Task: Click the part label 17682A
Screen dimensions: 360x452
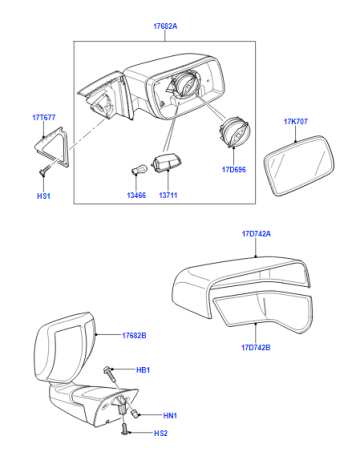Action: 165,26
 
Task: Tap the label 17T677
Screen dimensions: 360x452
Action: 44,118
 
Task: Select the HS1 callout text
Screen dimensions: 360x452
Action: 44,196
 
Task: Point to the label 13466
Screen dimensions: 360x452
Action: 136,195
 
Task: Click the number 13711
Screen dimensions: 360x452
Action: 168,195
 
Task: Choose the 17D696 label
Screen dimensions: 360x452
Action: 234,170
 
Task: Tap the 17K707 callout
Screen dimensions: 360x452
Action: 296,122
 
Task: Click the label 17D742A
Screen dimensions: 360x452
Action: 256,234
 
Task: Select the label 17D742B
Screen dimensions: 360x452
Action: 256,348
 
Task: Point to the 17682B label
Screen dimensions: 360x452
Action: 134,336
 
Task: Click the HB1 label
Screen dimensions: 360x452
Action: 143,370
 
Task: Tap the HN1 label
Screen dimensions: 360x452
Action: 170,416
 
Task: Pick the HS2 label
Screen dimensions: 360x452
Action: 161,433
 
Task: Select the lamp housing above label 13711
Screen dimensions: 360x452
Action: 163,163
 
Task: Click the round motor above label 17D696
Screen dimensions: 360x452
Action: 234,133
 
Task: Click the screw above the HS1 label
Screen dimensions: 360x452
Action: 44,171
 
